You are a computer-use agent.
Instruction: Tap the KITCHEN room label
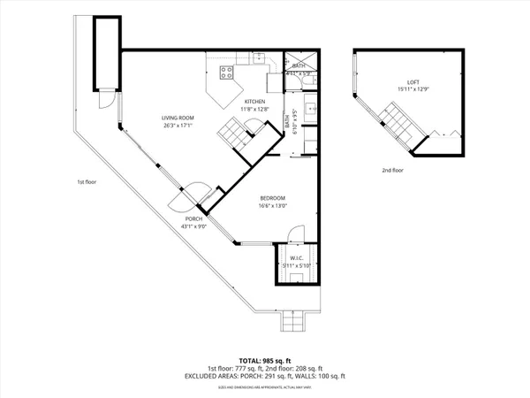(x=255, y=101)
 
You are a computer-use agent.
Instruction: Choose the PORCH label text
(x=193, y=218)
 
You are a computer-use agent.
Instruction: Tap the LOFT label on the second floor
(x=403, y=82)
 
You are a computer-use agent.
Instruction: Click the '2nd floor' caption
(x=392, y=170)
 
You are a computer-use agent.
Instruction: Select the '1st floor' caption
(x=86, y=182)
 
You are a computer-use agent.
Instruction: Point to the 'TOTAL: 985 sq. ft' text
(x=265, y=361)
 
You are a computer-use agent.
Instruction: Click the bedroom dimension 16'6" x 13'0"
(x=273, y=205)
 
